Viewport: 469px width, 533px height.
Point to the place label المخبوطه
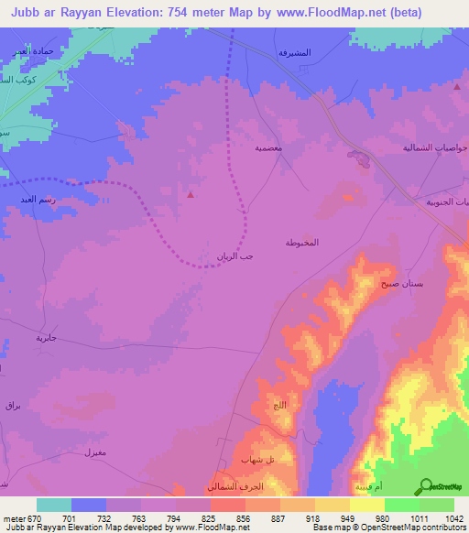click(301, 243)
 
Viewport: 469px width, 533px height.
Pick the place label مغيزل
click(94, 452)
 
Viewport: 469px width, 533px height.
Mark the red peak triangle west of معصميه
click(190, 194)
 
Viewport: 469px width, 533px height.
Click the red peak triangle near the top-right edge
click(457, 86)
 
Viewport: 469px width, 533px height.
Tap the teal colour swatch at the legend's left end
click(54, 505)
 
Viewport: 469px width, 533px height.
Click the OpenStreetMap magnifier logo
click(425, 487)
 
